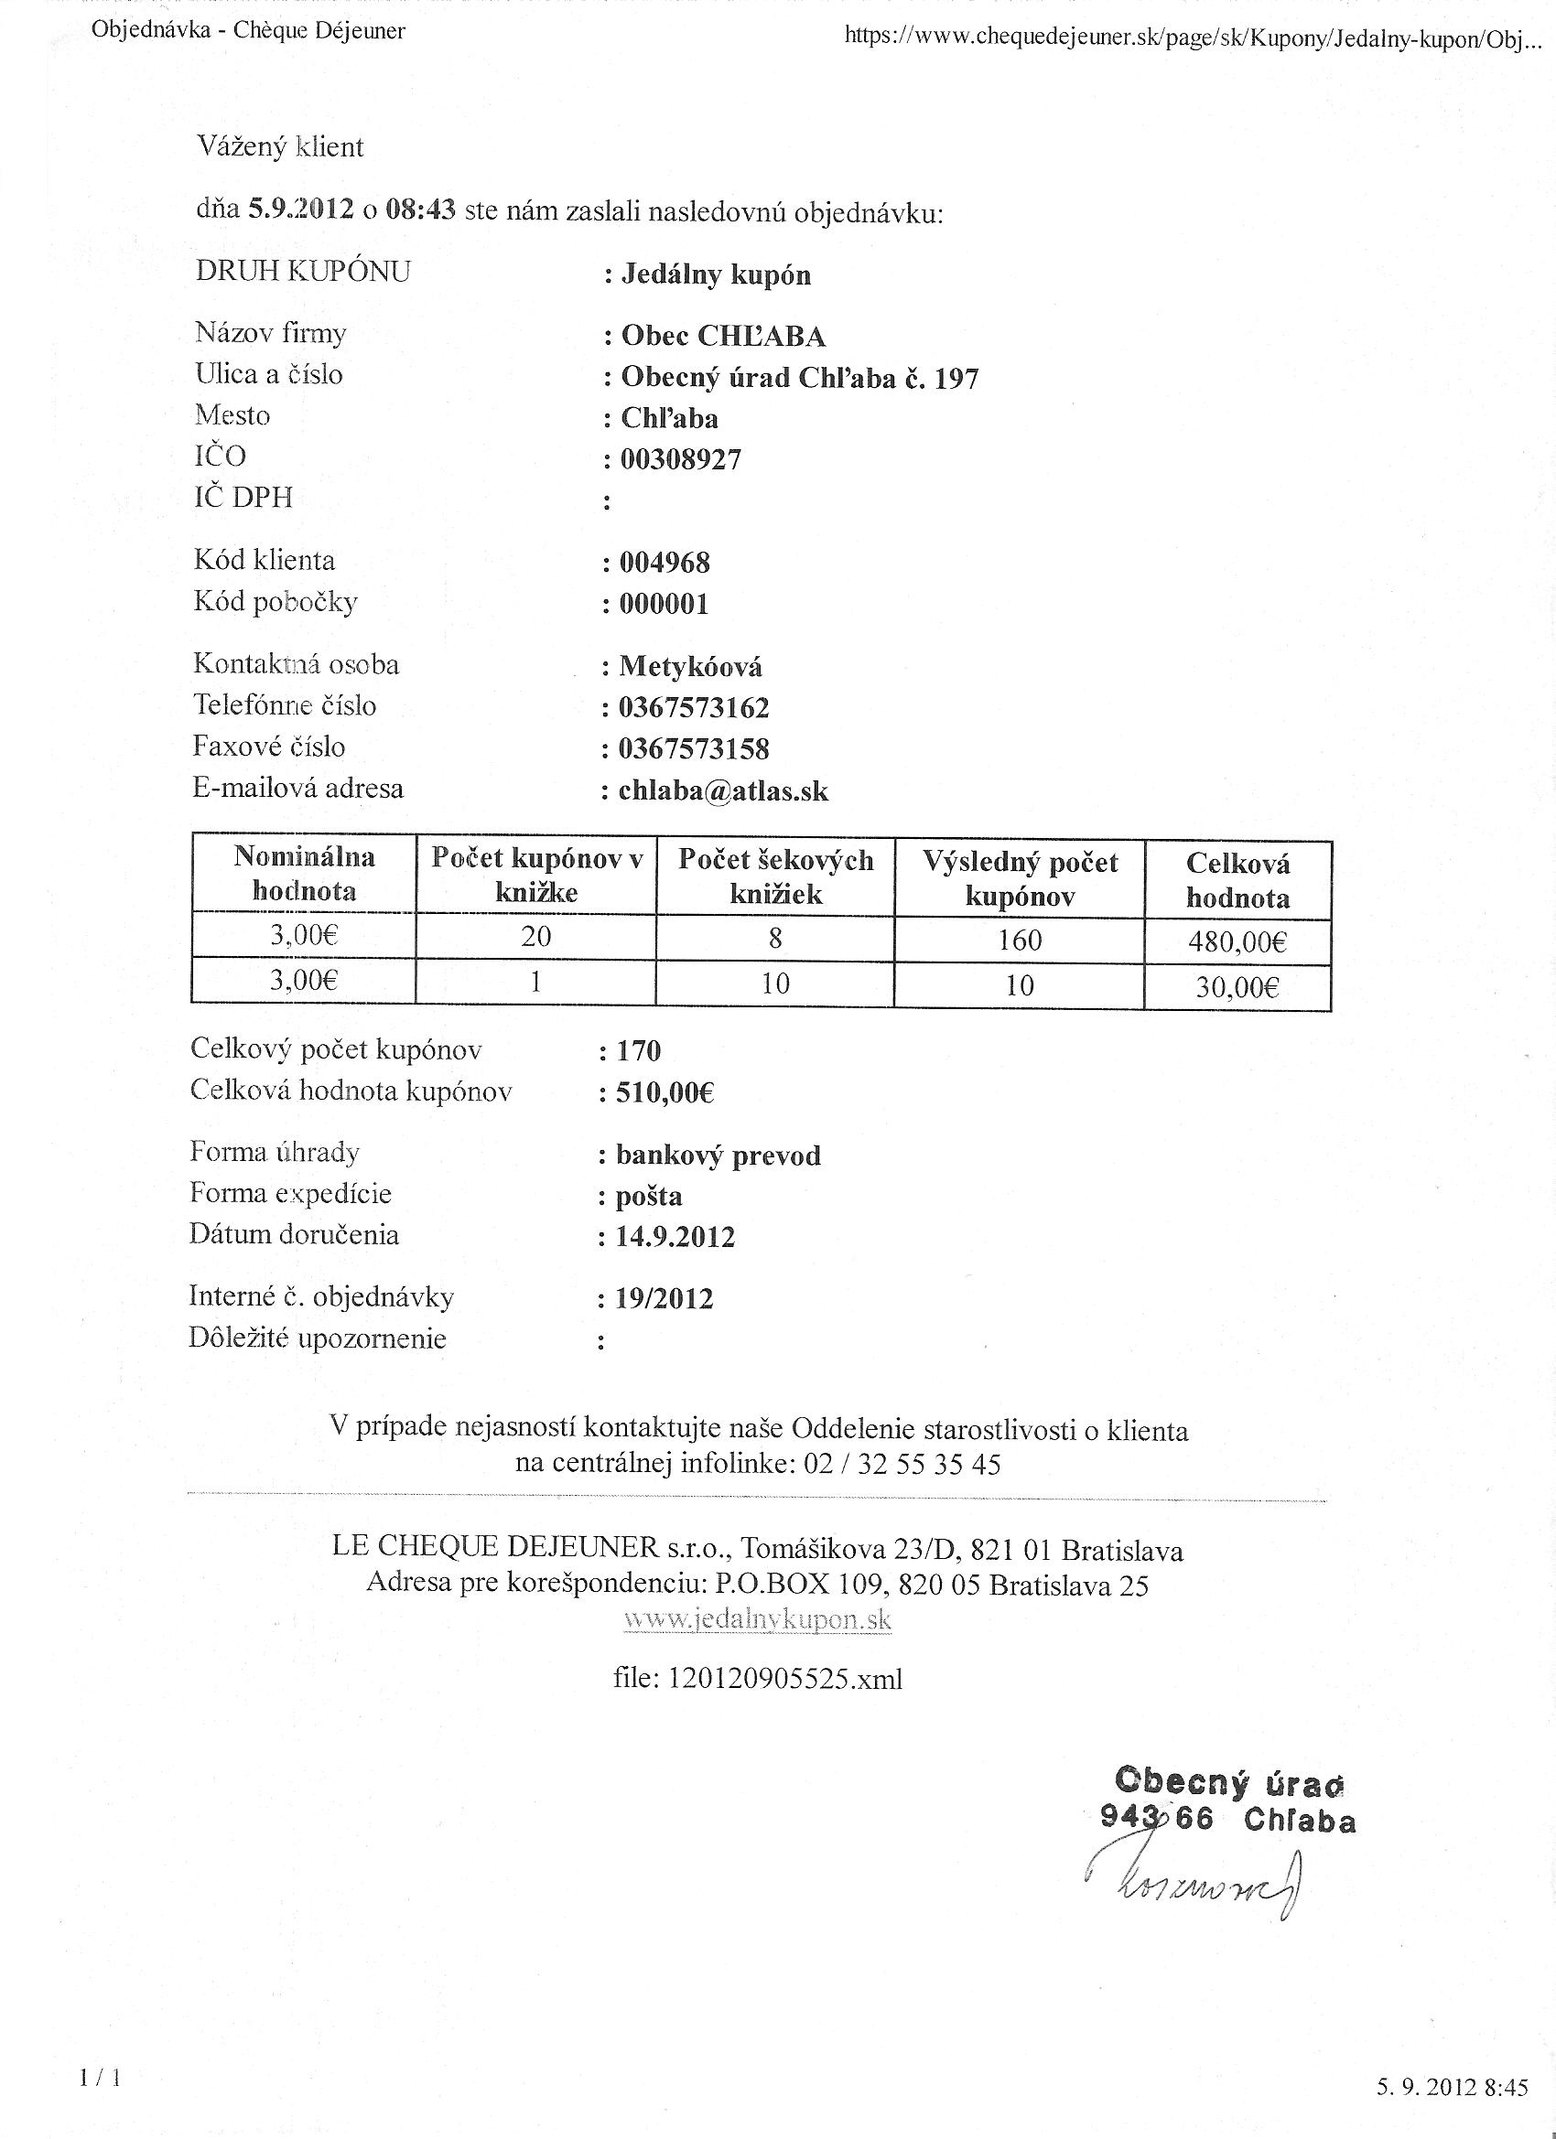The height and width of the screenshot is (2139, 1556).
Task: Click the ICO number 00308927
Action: (680, 459)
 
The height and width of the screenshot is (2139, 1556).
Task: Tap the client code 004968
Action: (665, 562)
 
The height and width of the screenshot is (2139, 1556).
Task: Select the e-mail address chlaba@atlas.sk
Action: (723, 790)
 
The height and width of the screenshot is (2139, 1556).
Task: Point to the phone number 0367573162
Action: (694, 707)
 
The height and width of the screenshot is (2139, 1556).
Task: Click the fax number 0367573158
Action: (694, 749)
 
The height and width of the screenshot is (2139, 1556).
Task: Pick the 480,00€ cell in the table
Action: (1237, 941)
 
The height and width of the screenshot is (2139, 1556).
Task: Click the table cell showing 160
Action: (1019, 940)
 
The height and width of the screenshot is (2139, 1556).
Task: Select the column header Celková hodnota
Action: (1237, 880)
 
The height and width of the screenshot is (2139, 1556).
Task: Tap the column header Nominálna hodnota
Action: (304, 874)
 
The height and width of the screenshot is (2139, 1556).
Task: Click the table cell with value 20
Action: (535, 937)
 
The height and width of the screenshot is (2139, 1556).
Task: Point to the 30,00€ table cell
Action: (1237, 987)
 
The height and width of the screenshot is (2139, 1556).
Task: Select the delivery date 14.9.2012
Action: (675, 1236)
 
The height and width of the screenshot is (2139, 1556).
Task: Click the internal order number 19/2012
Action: (665, 1299)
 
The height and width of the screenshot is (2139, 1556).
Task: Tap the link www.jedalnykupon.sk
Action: (758, 1619)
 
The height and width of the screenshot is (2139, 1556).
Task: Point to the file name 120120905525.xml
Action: (758, 1678)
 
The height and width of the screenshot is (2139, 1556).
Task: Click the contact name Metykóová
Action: (690, 667)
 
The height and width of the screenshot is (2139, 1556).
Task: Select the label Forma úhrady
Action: (275, 1152)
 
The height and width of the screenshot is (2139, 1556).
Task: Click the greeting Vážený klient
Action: (280, 147)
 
